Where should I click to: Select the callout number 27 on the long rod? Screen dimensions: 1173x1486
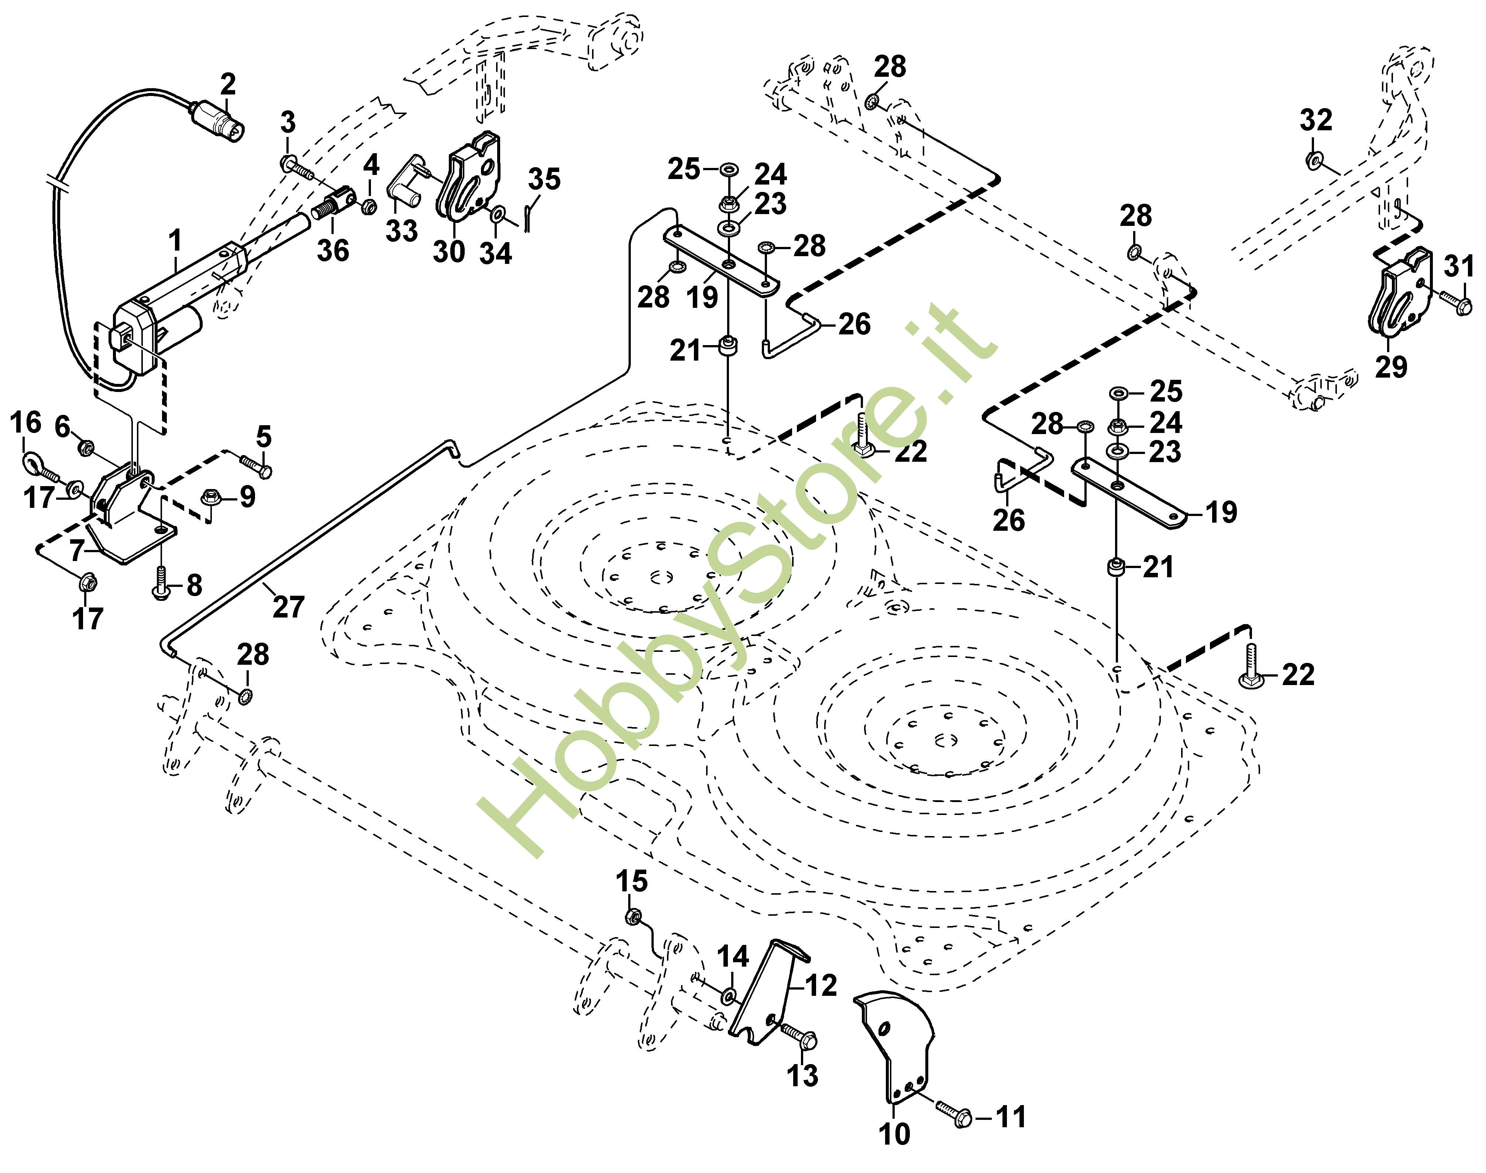[x=288, y=607]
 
